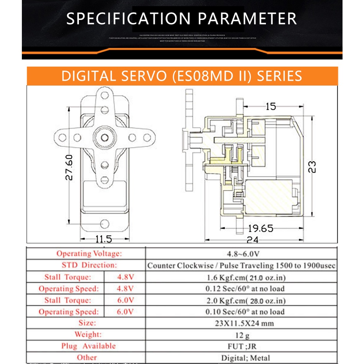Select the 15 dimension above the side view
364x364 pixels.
pyautogui.click(x=271, y=106)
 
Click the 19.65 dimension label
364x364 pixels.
pyautogui.click(x=261, y=229)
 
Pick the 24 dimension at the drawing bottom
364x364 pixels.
pyautogui.click(x=253, y=240)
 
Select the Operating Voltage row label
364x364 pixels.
pyautogui.click(x=89, y=253)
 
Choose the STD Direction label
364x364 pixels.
pyautogui.click(x=89, y=265)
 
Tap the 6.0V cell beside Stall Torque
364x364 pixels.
pyautogui.click(x=125, y=300)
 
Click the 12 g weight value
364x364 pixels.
pyautogui.click(x=242, y=335)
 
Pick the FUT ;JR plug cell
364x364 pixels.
pyautogui.click(x=242, y=346)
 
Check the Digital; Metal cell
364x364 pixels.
pyautogui.click(x=245, y=358)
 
